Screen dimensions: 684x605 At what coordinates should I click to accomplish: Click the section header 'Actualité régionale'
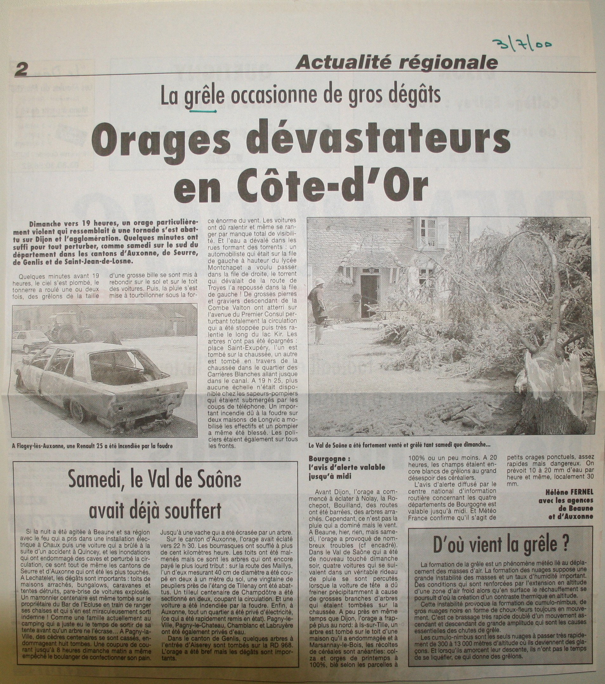tap(396, 62)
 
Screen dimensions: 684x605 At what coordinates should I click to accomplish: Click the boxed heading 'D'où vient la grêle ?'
tap(501, 544)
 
